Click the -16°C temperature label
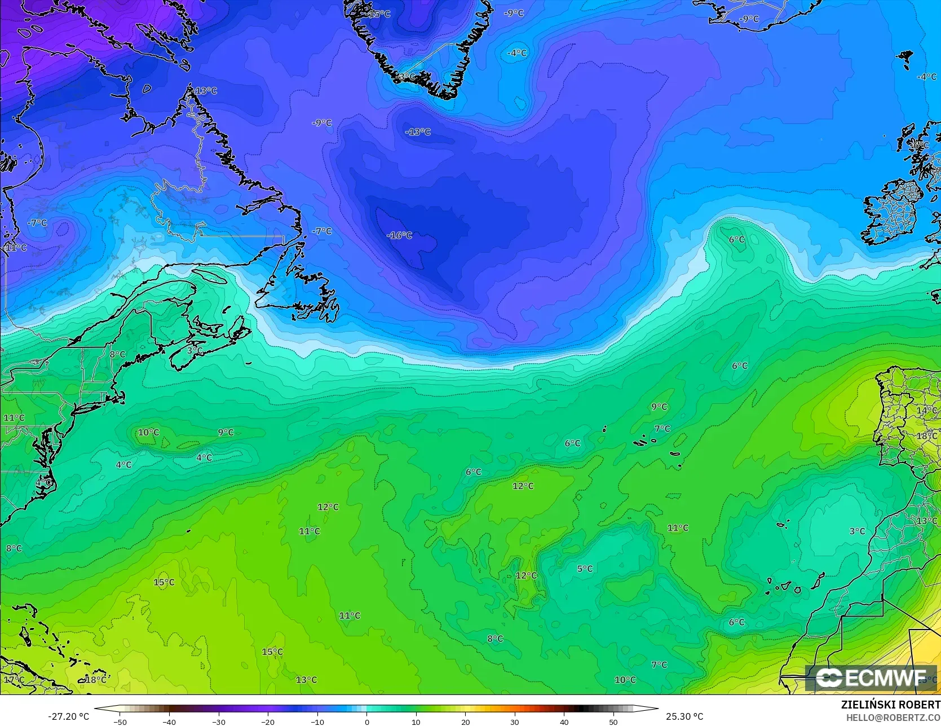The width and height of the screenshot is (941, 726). click(399, 235)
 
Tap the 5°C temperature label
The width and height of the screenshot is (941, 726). click(585, 569)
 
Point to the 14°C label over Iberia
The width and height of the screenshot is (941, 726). click(926, 410)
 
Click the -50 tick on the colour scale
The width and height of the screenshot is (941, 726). click(120, 721)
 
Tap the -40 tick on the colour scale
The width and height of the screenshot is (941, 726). click(169, 721)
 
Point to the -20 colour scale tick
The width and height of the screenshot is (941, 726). click(268, 721)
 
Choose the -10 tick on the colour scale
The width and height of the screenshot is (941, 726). click(317, 721)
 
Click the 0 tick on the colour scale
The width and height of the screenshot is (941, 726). click(366, 721)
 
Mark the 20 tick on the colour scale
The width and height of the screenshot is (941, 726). click(465, 721)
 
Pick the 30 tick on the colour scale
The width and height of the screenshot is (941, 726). click(515, 721)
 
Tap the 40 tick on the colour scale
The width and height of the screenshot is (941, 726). click(564, 721)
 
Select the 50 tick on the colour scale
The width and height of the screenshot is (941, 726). click(613, 721)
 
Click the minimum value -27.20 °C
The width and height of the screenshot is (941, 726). click(68, 716)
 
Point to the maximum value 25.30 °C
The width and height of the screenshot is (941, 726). click(684, 716)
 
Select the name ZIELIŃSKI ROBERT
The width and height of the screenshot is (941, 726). click(891, 705)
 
